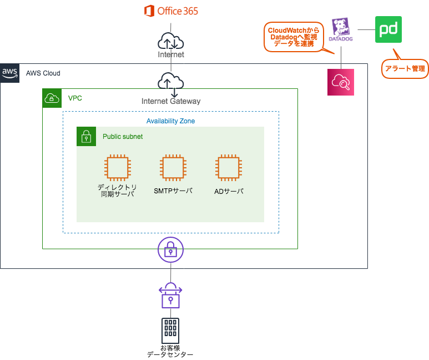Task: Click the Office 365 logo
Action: click(x=170, y=11)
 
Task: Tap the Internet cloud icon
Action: click(x=170, y=42)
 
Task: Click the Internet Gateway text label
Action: click(x=171, y=101)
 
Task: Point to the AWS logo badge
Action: click(x=10, y=73)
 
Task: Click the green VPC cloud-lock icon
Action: click(x=52, y=98)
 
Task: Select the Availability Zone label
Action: click(x=170, y=121)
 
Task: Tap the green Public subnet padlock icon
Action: click(x=86, y=137)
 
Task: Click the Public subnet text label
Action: click(x=123, y=137)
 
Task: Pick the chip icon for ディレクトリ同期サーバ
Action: click(x=118, y=168)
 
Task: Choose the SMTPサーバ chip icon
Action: click(x=173, y=168)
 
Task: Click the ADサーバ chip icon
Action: click(x=229, y=168)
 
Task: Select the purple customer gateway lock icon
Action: click(x=170, y=295)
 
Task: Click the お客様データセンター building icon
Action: click(x=170, y=331)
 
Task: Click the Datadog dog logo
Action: click(x=341, y=29)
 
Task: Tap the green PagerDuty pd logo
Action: click(x=388, y=29)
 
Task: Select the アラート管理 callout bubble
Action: click(x=405, y=68)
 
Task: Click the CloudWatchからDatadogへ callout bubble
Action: click(x=292, y=37)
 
